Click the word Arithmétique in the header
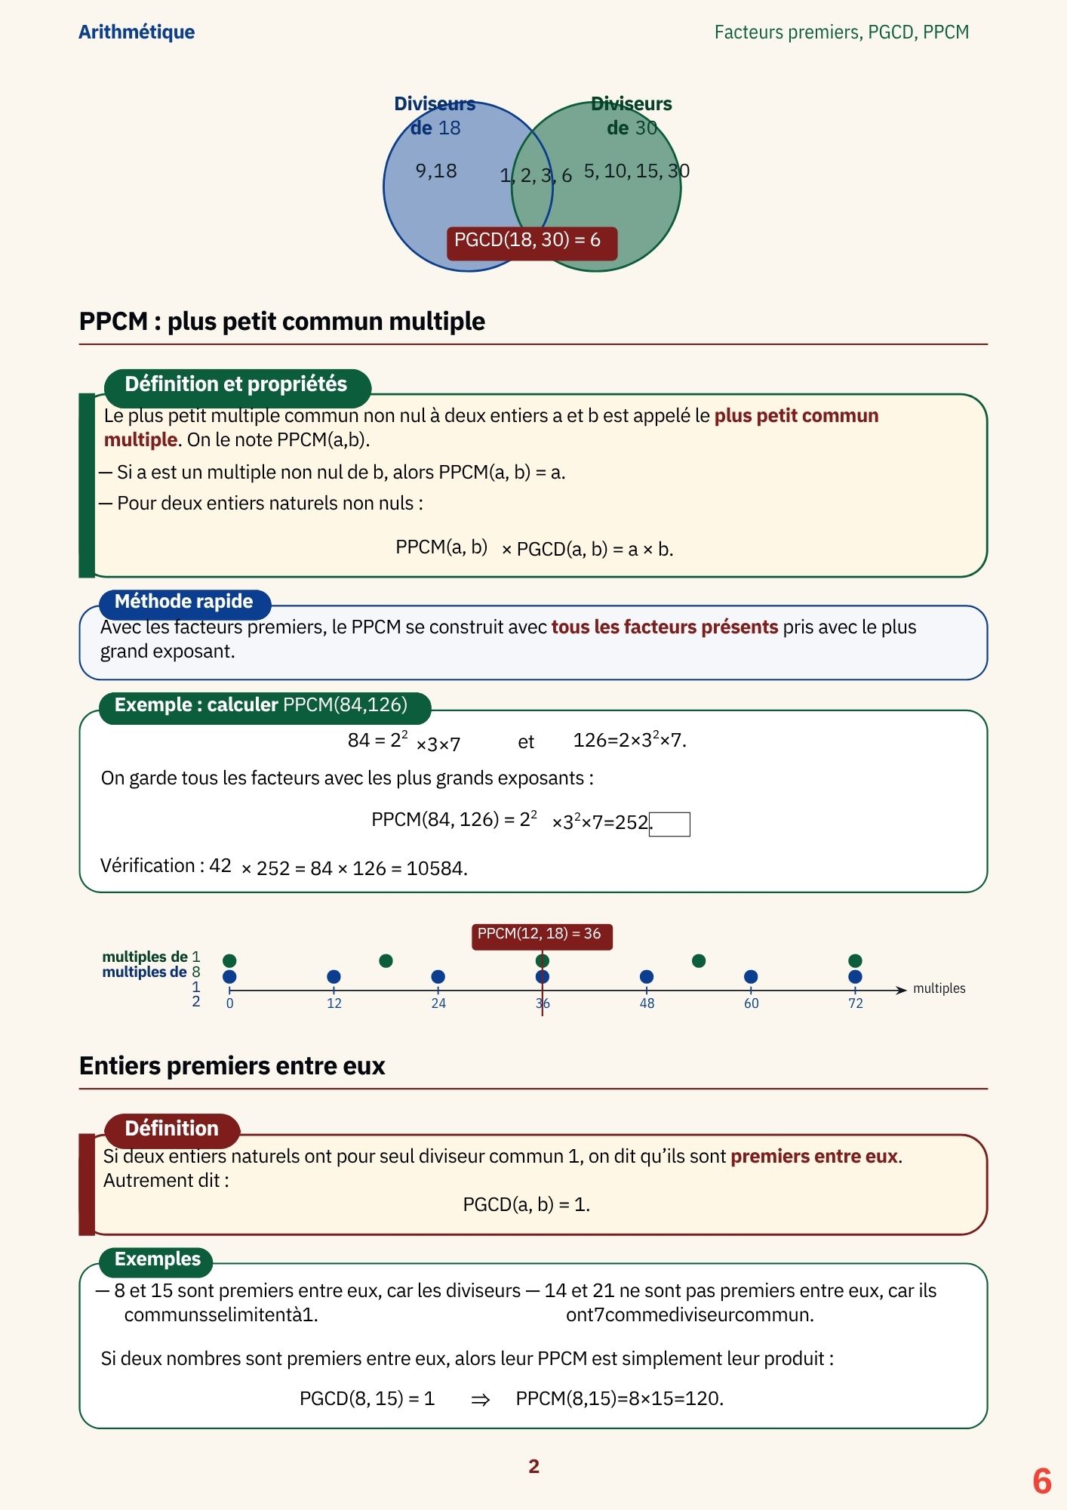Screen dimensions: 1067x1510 (137, 32)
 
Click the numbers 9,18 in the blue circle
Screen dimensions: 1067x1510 (436, 171)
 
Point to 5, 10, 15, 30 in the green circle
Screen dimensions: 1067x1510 (637, 171)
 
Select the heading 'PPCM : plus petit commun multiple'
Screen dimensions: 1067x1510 (282, 322)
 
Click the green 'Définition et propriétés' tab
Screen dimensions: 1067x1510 (237, 384)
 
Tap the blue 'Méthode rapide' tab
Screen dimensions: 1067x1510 (184, 602)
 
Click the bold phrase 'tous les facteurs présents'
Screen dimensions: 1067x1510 (665, 627)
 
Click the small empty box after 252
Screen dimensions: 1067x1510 (670, 824)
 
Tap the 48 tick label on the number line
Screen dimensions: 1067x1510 (647, 1003)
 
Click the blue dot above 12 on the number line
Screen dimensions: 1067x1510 (334, 977)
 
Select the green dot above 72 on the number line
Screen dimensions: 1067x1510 (855, 961)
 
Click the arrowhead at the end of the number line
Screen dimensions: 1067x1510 (901, 991)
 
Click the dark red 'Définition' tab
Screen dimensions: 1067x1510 (172, 1129)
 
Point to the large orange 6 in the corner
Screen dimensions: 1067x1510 (1042, 1481)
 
